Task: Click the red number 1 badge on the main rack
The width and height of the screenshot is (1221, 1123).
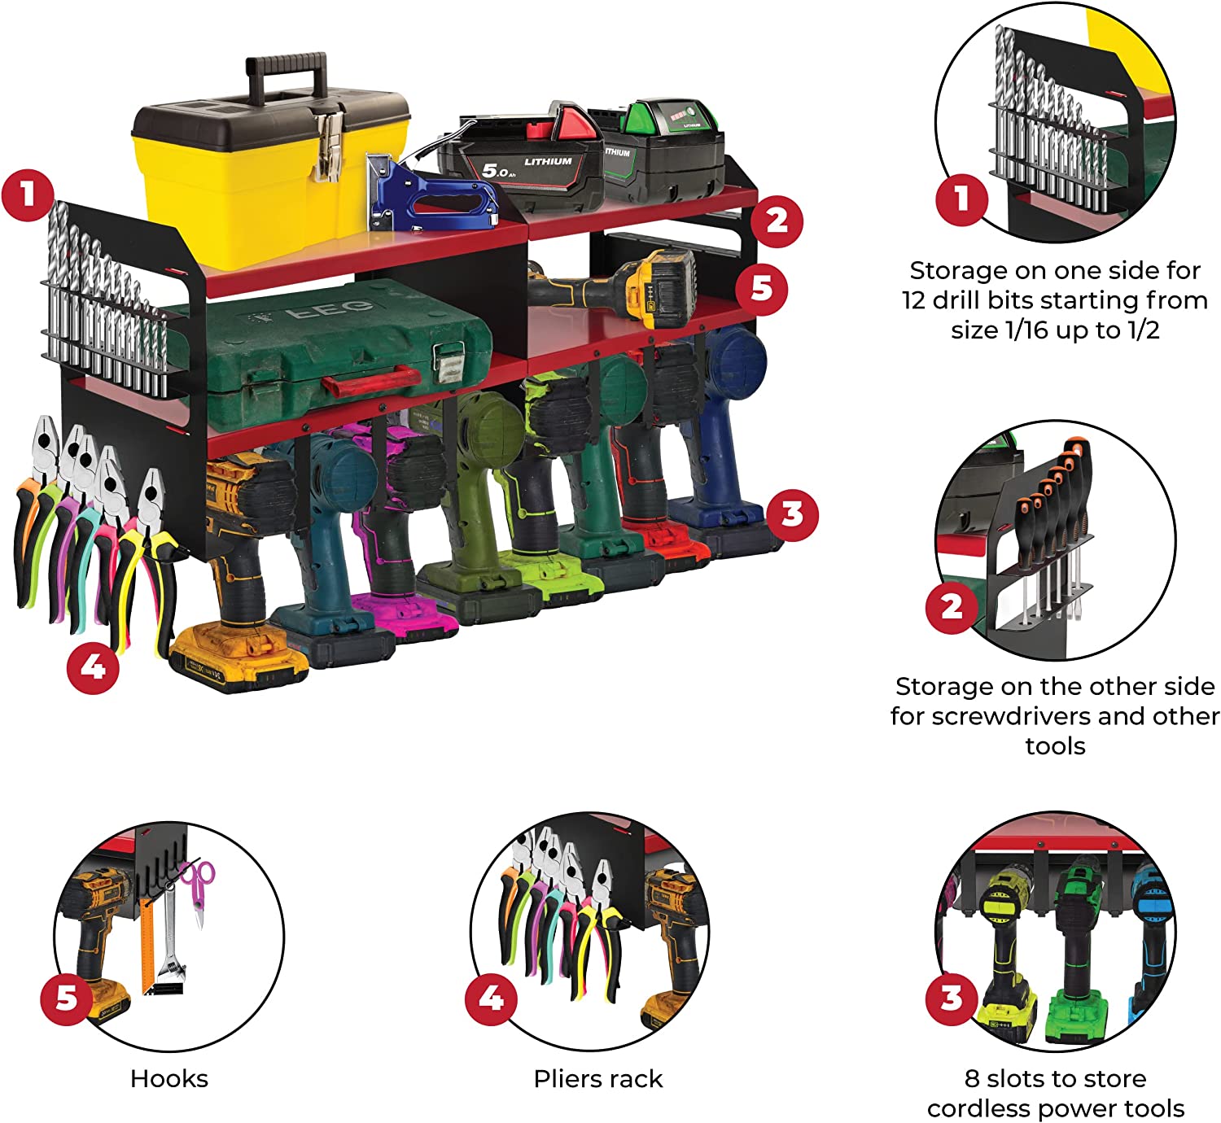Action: (28, 195)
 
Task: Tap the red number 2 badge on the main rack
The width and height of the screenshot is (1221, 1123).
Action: (777, 220)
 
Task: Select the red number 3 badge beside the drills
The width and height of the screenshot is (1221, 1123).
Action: (791, 513)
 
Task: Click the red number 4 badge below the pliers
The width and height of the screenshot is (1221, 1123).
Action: (93, 667)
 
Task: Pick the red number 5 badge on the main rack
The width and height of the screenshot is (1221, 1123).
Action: (762, 288)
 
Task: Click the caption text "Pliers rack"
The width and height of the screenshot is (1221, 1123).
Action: (598, 1079)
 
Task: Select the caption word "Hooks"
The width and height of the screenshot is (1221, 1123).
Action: (169, 1079)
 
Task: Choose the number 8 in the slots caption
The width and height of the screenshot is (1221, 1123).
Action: (971, 1079)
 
